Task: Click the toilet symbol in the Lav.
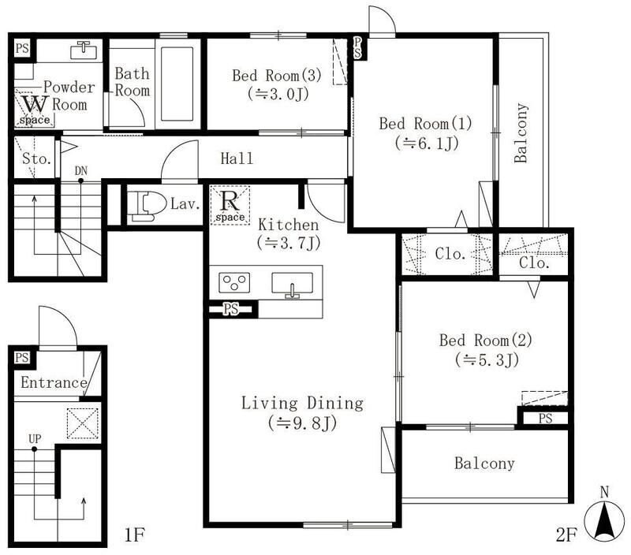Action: point(148,206)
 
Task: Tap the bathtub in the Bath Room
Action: point(177,84)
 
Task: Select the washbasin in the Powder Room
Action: point(84,50)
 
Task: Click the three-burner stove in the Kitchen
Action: point(234,282)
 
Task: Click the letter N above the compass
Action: point(604,492)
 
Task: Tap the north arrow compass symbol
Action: point(604,521)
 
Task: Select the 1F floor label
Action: point(134,535)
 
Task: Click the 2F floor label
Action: point(566,535)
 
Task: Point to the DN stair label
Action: point(81,171)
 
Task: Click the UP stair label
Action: point(35,439)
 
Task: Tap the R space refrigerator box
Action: point(230,205)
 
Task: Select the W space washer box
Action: point(35,109)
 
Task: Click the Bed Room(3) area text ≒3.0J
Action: point(278,94)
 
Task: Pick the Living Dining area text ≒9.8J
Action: point(302,423)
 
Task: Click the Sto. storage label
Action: point(36,159)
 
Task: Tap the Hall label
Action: point(237,158)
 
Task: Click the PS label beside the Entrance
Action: point(22,358)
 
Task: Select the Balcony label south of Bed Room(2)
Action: point(484,464)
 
